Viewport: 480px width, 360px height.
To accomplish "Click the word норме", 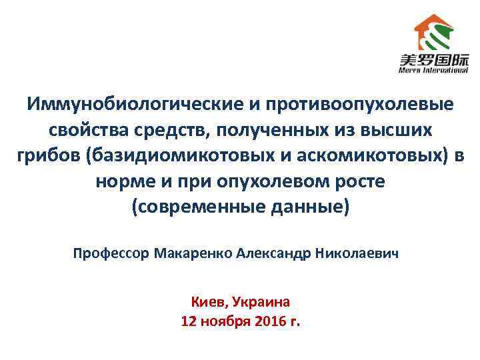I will pos(125,182).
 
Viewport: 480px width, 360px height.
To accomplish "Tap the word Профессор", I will pos(111,254).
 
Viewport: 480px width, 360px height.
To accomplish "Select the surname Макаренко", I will pos(193,254).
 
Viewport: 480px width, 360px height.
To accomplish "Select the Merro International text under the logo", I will pos(433,69).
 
